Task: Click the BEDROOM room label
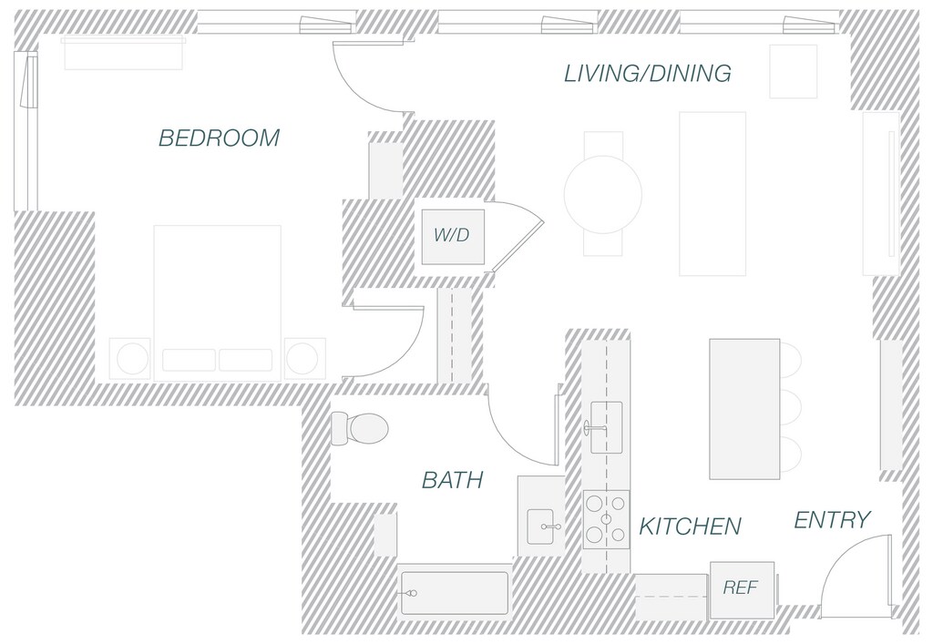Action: (x=219, y=138)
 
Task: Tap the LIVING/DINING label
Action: (x=647, y=74)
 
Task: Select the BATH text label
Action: (x=452, y=480)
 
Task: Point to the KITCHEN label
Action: (x=690, y=526)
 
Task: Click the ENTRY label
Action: (x=832, y=520)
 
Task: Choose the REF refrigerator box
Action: (x=741, y=588)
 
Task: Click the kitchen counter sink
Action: (x=606, y=426)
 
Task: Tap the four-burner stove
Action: (x=606, y=519)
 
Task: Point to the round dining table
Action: (x=602, y=194)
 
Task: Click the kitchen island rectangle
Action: (x=744, y=408)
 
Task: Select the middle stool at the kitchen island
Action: (x=790, y=406)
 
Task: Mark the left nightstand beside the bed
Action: (x=129, y=358)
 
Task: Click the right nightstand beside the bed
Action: (x=304, y=358)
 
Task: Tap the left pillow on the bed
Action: (x=189, y=360)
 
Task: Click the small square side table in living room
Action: (x=793, y=71)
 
